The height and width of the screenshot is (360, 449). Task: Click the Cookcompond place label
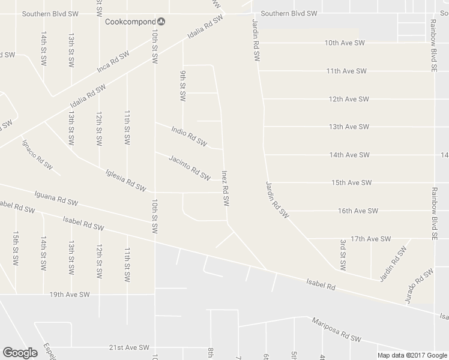point(130,22)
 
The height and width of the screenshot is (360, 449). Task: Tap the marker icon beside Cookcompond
point(162,22)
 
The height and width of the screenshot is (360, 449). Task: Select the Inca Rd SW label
point(113,62)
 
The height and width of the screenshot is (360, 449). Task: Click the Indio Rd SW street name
point(188,136)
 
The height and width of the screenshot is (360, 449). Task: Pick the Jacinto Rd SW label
point(190,168)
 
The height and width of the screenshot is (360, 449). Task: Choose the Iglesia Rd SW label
point(125,179)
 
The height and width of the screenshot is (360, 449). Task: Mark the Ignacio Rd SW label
point(37,154)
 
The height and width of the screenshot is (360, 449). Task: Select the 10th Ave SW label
point(345,43)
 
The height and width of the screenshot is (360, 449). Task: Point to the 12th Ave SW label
point(348,99)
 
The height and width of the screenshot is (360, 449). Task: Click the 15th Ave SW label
point(351,182)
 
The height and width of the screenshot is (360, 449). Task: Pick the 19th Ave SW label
point(70,295)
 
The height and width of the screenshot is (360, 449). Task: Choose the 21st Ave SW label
point(128,347)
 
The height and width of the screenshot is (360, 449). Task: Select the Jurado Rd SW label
point(419,286)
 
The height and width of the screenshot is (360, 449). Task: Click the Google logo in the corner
point(20,352)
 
